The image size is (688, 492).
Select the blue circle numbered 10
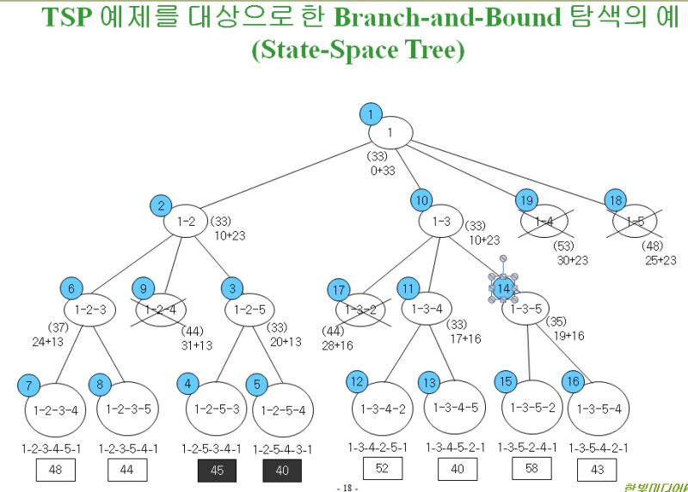coord(421,200)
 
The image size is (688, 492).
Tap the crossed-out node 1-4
coord(544,222)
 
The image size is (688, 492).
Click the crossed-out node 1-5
coord(636,222)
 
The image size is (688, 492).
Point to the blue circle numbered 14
coord(503,288)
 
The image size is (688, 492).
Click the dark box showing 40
coord(282,471)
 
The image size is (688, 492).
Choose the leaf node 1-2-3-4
coord(55,410)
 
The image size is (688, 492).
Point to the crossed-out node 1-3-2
coord(360,310)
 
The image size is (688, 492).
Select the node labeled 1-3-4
coord(427,309)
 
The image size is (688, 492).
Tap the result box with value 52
coord(383,469)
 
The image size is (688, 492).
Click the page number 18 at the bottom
coord(347,488)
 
